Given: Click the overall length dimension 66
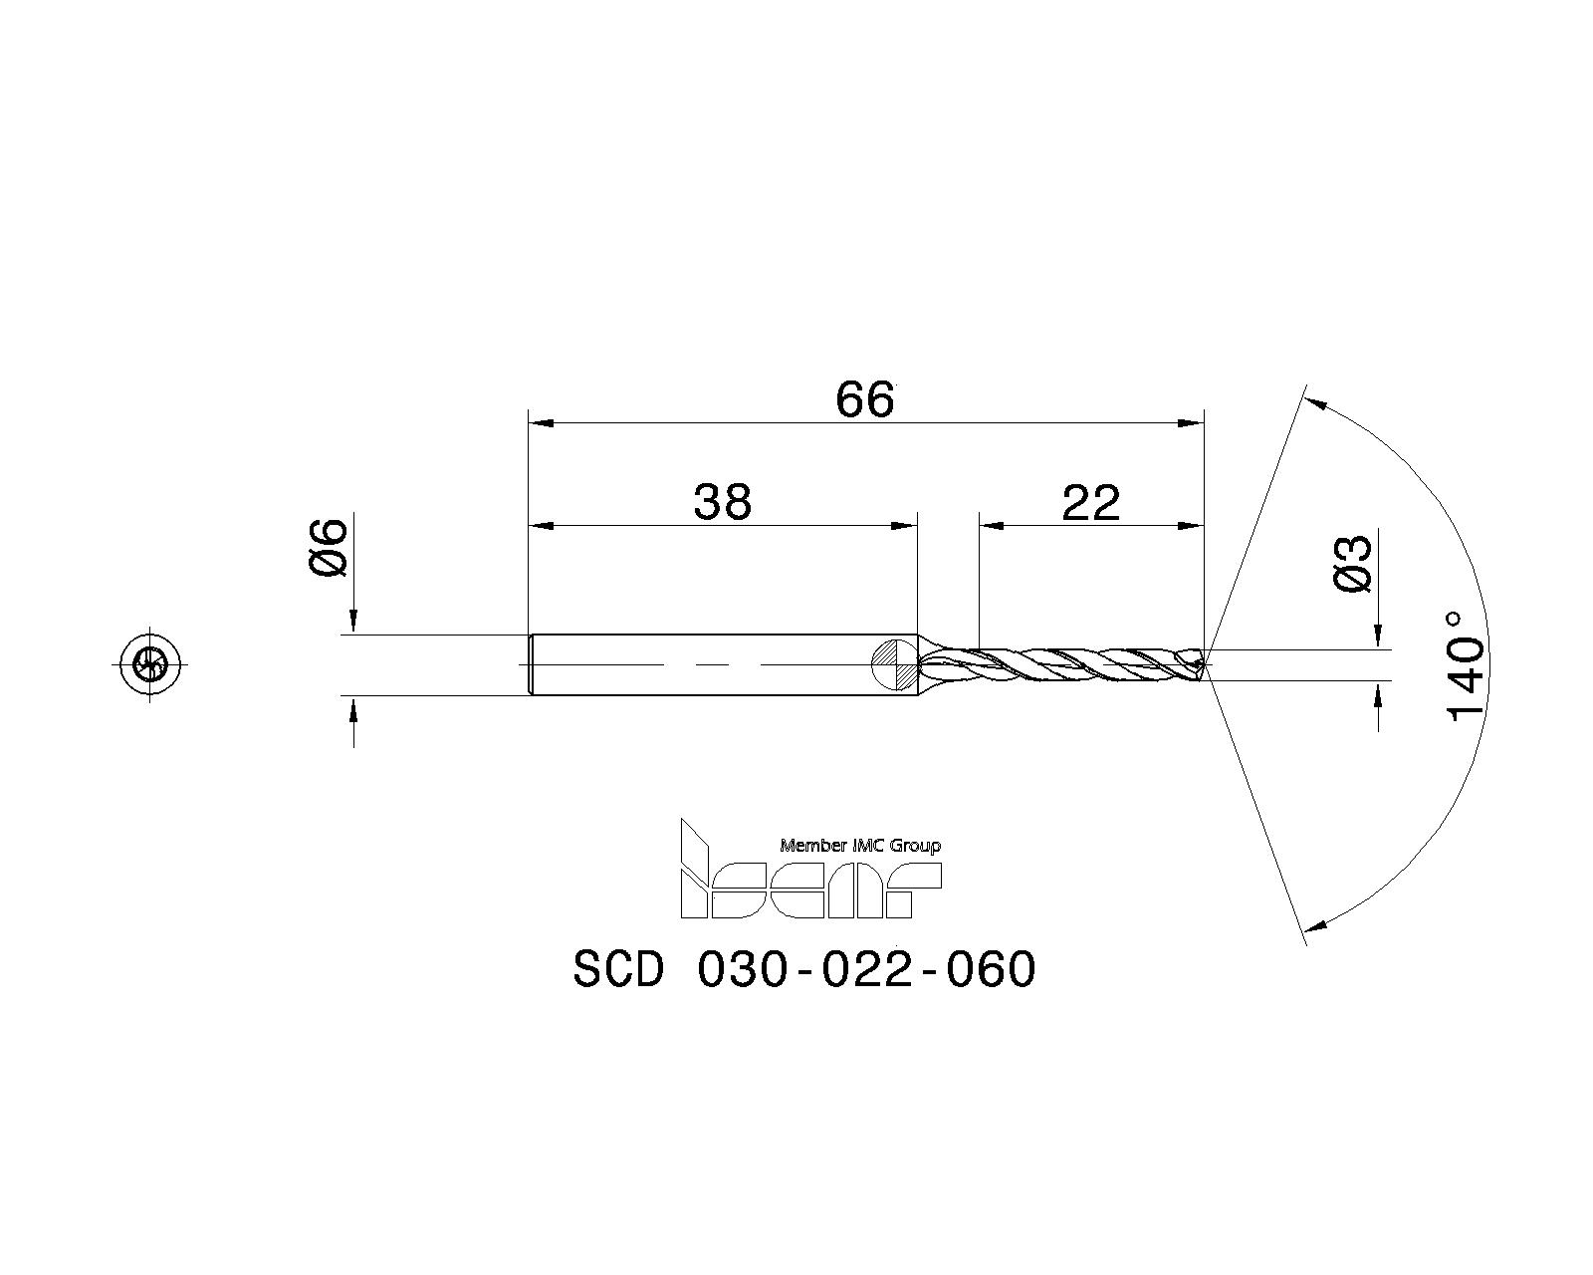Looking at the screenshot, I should click(864, 400).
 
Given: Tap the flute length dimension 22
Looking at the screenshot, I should click(1091, 503).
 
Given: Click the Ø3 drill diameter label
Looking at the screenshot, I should click(1353, 565).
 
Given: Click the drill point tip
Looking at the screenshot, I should click(1205, 664).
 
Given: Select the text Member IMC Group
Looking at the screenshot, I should click(860, 846).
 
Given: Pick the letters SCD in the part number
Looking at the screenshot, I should click(617, 969).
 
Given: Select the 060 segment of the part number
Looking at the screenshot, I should click(991, 969).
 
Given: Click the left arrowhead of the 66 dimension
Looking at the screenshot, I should click(540, 423).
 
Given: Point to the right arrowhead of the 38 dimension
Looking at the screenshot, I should click(904, 525).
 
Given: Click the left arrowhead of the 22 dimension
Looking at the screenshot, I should click(992, 525).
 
